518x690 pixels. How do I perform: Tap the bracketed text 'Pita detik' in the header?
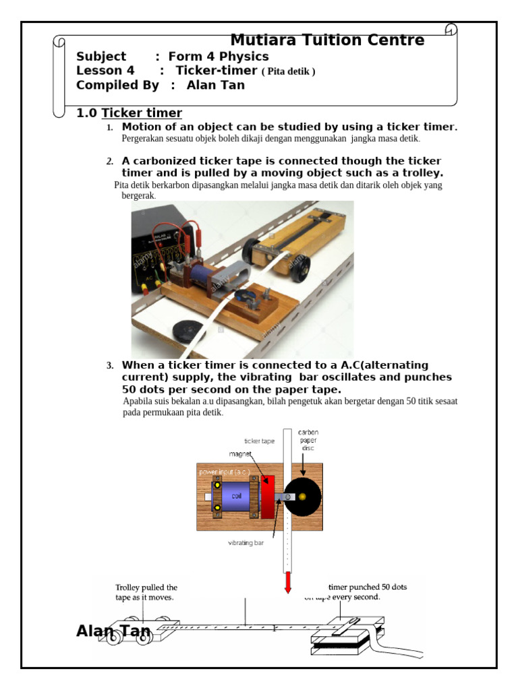point(288,71)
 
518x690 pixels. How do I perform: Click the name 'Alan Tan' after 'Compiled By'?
point(216,86)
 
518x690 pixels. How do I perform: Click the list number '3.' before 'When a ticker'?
point(110,366)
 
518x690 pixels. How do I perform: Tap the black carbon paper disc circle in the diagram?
point(304,497)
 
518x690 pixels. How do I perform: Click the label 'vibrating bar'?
point(247,541)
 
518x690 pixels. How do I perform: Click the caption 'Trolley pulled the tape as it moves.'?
point(146,592)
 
